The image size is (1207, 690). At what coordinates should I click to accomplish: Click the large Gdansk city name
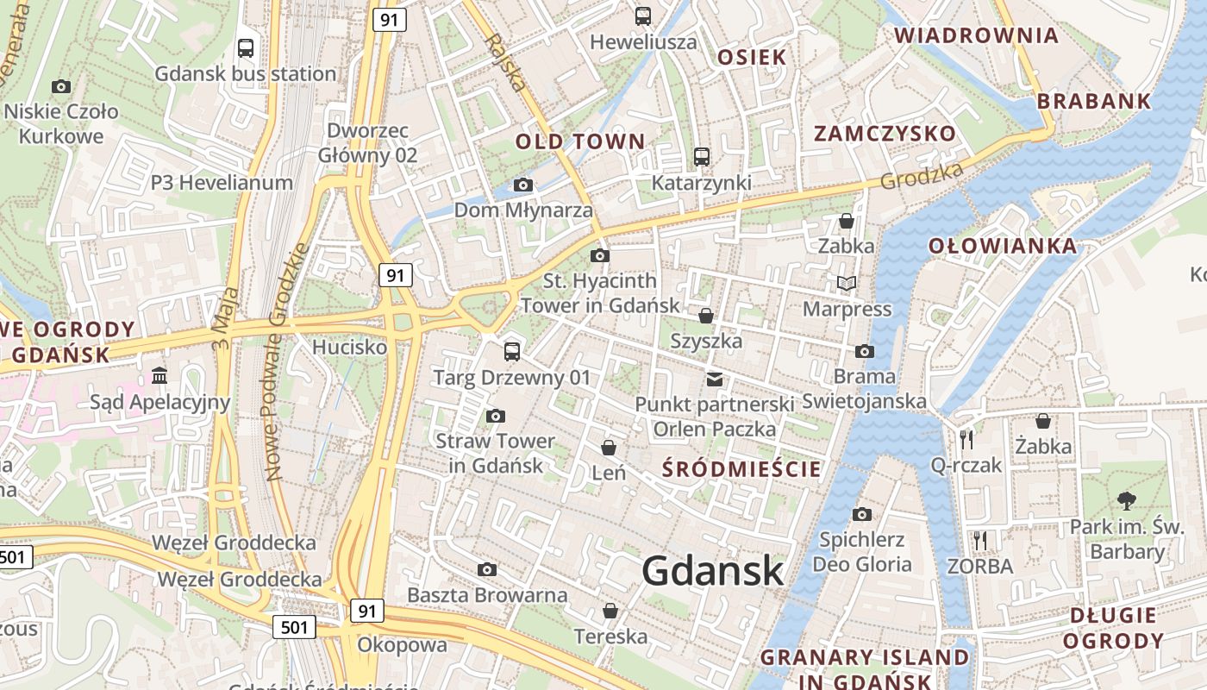click(713, 571)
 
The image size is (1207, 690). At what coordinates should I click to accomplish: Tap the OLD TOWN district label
click(580, 141)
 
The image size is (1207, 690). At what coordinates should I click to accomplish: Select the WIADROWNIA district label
click(976, 36)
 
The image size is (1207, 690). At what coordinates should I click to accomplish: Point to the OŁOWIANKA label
click(1003, 246)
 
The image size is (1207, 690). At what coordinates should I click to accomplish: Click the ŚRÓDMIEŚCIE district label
click(741, 469)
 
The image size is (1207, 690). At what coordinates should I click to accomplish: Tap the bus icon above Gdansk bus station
click(246, 48)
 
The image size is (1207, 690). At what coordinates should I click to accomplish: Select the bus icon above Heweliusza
click(643, 16)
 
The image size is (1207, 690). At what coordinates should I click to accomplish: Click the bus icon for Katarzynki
click(702, 157)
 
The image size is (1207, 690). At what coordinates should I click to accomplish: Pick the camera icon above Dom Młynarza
click(522, 185)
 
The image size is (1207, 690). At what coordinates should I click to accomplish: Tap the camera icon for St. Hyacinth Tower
click(600, 255)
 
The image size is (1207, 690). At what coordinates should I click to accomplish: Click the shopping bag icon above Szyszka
click(706, 316)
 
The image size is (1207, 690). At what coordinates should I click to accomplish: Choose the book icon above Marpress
click(847, 283)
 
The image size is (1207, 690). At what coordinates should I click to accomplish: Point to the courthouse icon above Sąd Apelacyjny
click(159, 376)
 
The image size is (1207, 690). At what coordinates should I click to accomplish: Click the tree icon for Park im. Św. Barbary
click(1126, 499)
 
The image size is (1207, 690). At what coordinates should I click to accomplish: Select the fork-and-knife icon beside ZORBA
click(979, 541)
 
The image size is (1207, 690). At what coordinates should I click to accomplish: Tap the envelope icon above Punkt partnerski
click(715, 379)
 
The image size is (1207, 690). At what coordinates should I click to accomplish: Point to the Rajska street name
click(505, 62)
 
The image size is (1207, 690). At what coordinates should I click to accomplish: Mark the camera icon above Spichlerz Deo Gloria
click(861, 515)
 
